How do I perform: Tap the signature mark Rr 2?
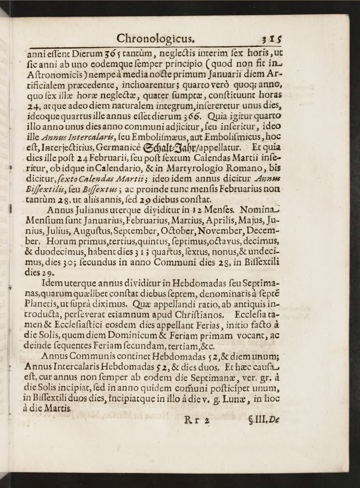tap(197, 420)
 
